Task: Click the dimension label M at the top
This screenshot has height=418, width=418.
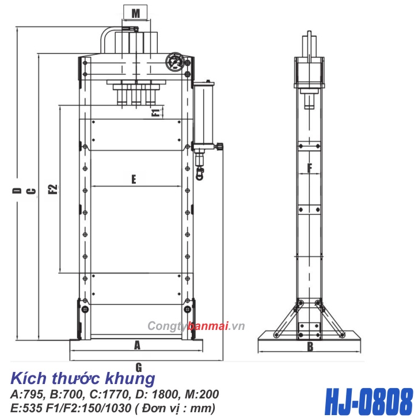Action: [135, 12]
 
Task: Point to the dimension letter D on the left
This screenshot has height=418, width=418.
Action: [17, 191]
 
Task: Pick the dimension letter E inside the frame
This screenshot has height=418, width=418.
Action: [133, 180]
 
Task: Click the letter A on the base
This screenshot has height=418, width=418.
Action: [137, 345]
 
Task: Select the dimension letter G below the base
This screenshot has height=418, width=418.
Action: [138, 366]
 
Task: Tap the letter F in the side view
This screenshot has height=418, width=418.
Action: [309, 168]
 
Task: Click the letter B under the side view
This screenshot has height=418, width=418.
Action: [309, 347]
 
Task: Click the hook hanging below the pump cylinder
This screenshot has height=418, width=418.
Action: [200, 172]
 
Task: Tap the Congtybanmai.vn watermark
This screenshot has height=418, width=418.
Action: [196, 326]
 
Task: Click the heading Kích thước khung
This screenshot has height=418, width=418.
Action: [83, 379]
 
